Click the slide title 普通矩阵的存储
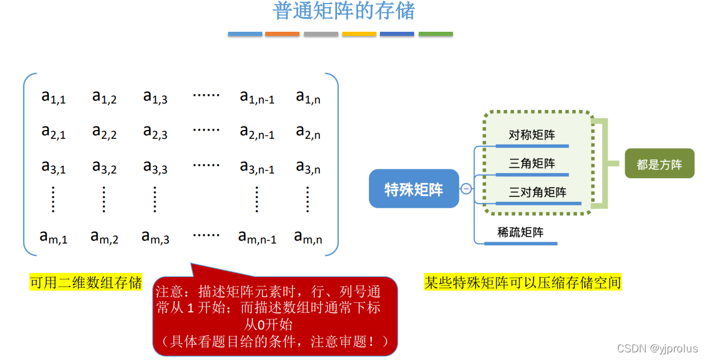click(344, 11)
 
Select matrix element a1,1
click(54, 97)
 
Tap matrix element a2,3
click(155, 132)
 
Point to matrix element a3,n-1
click(257, 168)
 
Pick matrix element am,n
click(308, 238)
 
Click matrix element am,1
click(54, 238)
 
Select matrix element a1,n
click(308, 97)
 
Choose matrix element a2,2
click(104, 132)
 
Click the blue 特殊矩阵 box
click(413, 189)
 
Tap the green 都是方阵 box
click(659, 164)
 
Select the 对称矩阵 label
click(532, 135)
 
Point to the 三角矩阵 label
click(532, 164)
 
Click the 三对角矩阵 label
click(538, 192)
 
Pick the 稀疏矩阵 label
click(521, 232)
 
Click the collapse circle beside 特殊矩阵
click(466, 189)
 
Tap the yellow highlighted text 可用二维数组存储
click(86, 283)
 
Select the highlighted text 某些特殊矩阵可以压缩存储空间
click(522, 283)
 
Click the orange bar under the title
click(282, 34)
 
